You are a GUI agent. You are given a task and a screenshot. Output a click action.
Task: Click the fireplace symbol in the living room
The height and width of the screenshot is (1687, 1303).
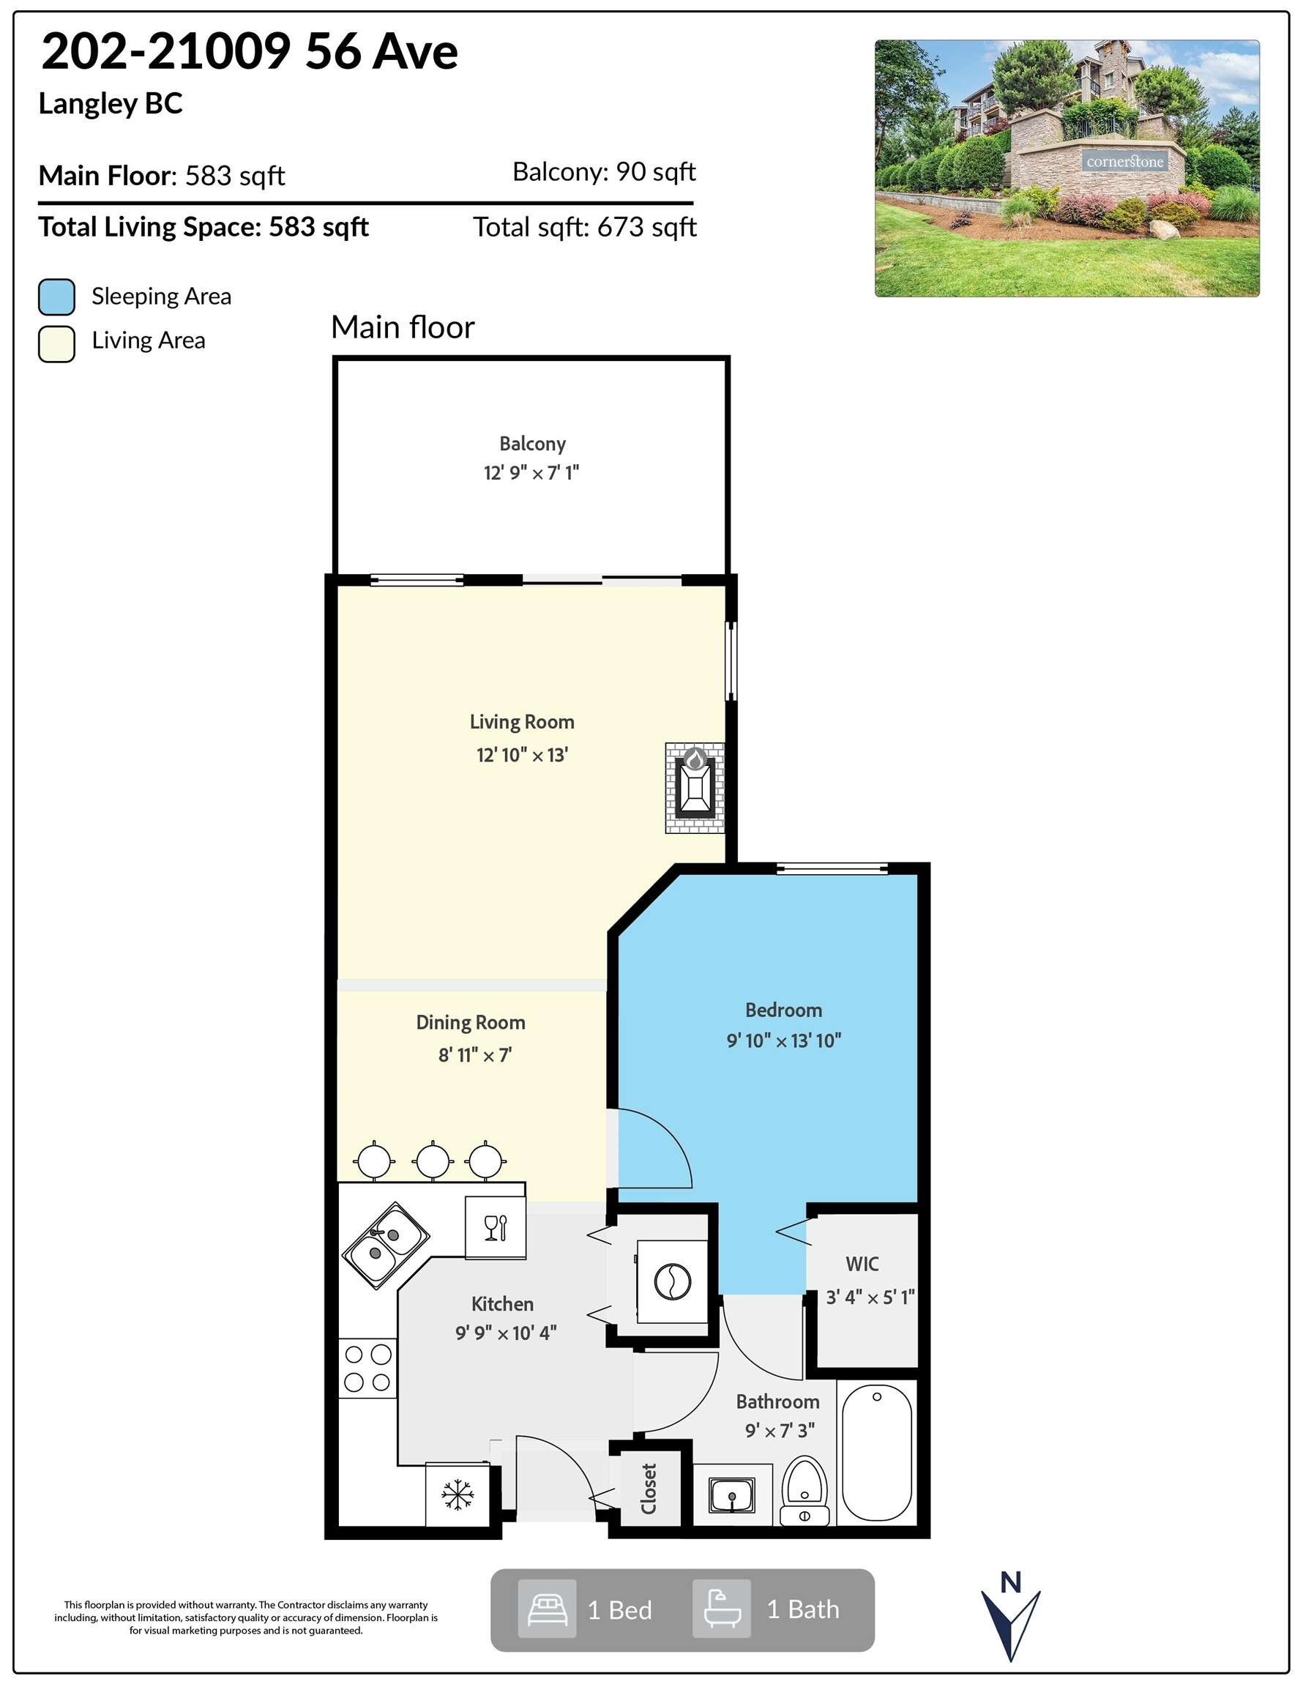click(x=695, y=787)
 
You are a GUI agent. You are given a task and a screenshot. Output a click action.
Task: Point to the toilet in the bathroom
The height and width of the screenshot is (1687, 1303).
click(x=804, y=1491)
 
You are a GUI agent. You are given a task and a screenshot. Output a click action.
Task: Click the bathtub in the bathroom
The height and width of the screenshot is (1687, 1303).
click(x=877, y=1452)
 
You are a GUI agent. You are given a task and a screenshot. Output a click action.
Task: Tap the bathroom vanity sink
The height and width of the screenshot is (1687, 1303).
click(x=731, y=1495)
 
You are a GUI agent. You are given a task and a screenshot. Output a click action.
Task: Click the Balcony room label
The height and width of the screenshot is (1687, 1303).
click(x=532, y=444)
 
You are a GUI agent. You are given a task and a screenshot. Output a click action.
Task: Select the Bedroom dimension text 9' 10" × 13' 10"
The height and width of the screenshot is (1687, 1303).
click(x=783, y=1040)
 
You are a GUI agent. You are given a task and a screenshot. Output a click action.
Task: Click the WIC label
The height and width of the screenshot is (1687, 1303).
click(x=862, y=1264)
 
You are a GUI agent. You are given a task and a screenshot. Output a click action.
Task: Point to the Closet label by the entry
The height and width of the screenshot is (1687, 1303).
click(x=649, y=1489)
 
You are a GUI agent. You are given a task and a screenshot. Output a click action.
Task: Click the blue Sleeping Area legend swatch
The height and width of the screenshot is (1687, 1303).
click(x=56, y=297)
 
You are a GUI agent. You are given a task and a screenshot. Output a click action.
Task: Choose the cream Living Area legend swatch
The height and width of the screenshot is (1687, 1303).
click(x=56, y=343)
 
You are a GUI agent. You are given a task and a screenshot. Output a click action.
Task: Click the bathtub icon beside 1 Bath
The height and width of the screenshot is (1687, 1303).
click(x=721, y=1609)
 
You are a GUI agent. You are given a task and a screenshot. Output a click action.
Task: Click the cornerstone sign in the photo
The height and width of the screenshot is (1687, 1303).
click(x=1124, y=161)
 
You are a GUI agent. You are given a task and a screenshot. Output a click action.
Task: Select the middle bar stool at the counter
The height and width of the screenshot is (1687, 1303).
click(x=432, y=1161)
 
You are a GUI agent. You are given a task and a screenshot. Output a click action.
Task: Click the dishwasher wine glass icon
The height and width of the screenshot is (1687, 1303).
click(x=495, y=1227)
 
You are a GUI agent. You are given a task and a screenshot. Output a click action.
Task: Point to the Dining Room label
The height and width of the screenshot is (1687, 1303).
click(x=471, y=1022)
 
